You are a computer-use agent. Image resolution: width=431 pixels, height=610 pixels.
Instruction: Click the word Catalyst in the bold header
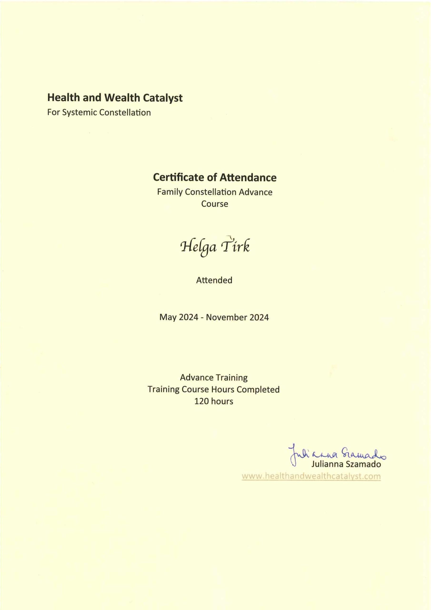point(163,98)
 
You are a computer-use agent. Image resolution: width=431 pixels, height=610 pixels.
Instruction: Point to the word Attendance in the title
point(248,178)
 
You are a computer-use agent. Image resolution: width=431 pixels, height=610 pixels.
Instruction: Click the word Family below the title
point(170,192)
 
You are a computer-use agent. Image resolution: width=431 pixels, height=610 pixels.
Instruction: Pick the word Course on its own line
point(215,204)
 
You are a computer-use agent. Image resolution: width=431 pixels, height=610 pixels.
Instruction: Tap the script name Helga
point(198,247)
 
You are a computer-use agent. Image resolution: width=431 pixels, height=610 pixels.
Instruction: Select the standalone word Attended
point(214,280)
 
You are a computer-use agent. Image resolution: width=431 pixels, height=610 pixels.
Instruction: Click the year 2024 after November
point(259,317)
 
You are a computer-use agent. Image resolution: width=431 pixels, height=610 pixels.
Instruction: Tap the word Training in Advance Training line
point(231,377)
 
